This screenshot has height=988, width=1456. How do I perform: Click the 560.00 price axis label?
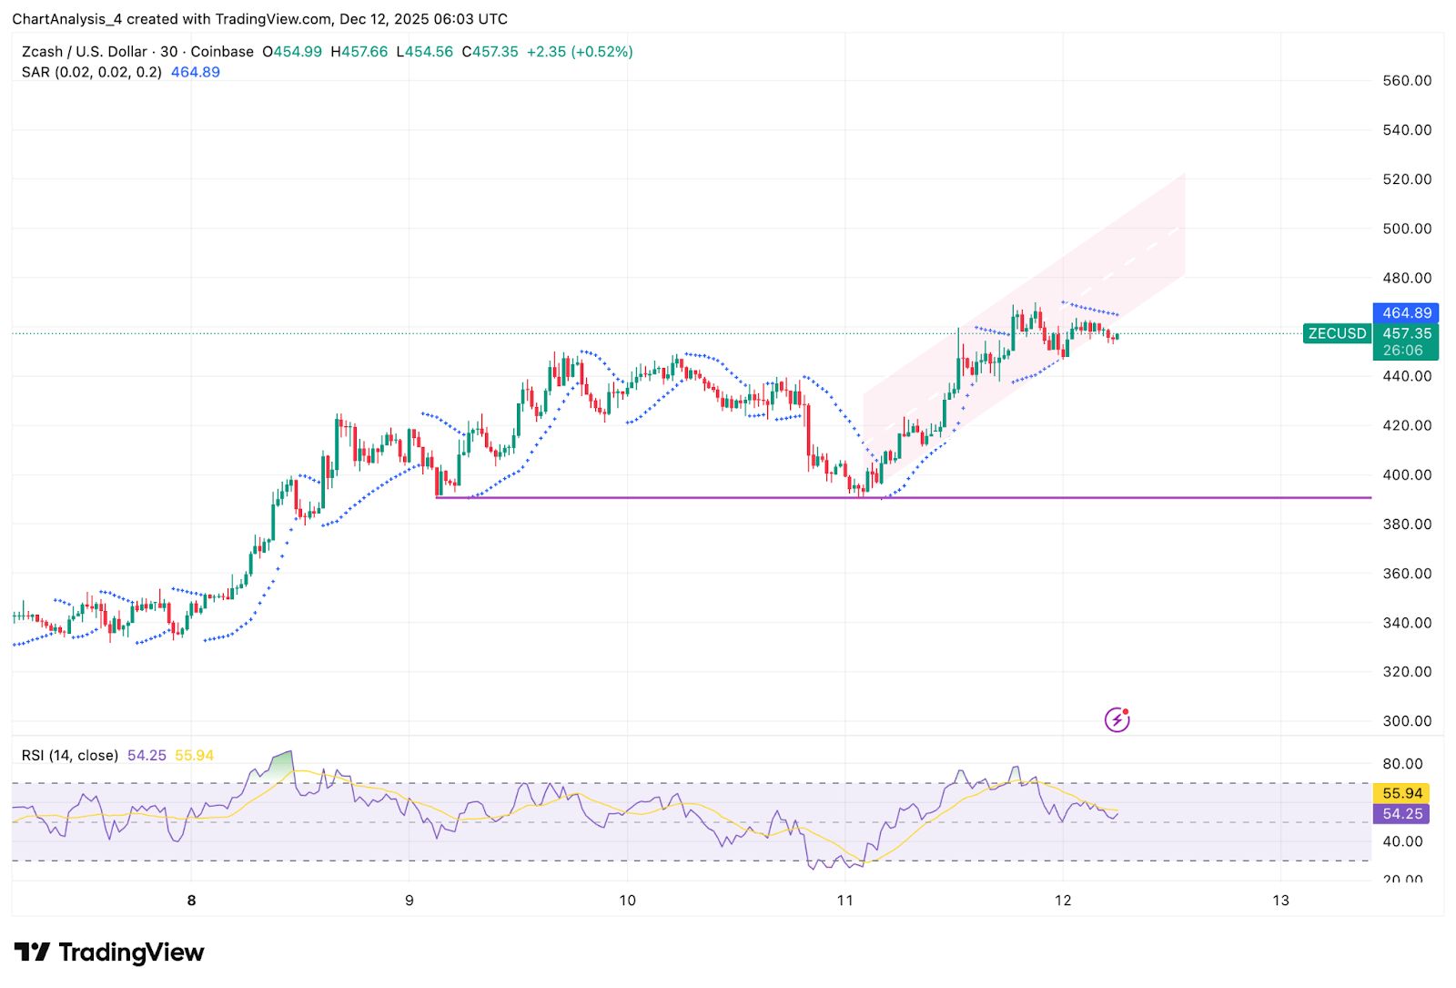coord(1407,80)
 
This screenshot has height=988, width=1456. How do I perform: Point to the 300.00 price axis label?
coord(1407,721)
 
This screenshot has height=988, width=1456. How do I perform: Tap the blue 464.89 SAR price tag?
coord(1406,313)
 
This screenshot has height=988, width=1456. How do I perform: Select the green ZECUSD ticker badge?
coord(1337,333)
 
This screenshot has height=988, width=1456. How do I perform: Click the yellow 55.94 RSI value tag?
coord(1401,793)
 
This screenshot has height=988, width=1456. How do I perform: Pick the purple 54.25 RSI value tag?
coord(1401,814)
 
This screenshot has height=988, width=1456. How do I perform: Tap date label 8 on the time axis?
coord(191,901)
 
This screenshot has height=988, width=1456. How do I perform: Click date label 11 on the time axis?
coord(844,901)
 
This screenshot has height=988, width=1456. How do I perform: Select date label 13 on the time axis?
coord(1280,901)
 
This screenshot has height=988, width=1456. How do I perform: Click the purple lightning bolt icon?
coord(1117,720)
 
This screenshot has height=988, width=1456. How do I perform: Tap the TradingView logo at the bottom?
coord(109,952)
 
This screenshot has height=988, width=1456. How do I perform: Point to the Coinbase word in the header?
coord(222,52)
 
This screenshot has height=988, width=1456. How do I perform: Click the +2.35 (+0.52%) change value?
coord(580,52)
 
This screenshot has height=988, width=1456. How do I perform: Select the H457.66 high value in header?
coord(359,52)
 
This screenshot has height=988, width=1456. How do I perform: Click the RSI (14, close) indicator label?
coord(70,755)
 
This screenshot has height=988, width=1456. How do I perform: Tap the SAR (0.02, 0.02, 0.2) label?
coord(91,72)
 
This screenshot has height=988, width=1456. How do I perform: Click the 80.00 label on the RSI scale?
coord(1402,764)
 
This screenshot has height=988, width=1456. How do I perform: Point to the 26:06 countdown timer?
coord(1402,351)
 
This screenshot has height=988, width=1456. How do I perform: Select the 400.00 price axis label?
coord(1407,474)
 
